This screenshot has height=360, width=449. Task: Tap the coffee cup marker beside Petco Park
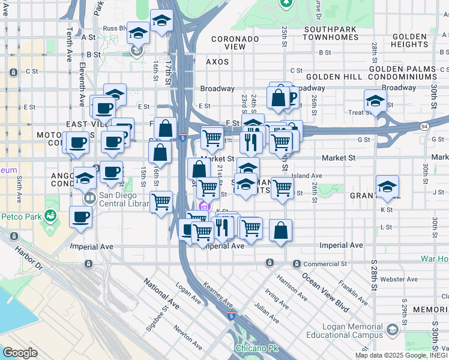click(x=80, y=217)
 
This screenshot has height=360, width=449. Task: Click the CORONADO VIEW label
click(x=235, y=43)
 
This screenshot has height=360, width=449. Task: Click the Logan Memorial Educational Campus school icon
click(x=393, y=329)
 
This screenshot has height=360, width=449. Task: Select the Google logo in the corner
click(x=20, y=352)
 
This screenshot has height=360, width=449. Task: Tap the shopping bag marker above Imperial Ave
click(x=280, y=230)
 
